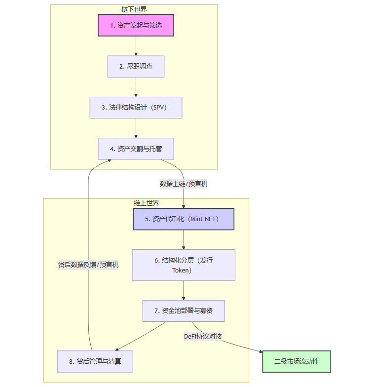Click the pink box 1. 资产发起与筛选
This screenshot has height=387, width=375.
(136, 25)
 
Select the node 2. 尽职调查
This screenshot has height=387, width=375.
(136, 66)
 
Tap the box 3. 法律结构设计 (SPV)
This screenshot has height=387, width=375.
(136, 107)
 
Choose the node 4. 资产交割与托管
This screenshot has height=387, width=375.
(136, 149)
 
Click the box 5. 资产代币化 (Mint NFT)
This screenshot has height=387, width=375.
(183, 219)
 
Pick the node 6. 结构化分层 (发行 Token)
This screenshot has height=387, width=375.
(183, 265)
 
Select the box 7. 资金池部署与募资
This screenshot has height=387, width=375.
(183, 310)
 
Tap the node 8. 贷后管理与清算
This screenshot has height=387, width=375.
(95, 361)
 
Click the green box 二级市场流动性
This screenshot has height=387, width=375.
(296, 361)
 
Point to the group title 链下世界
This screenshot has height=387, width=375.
(134, 9)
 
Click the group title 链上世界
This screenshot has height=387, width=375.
(146, 203)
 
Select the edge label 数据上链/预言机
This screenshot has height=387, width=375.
(184, 184)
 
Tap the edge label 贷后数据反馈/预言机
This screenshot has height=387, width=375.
(88, 265)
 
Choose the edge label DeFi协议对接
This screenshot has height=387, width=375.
(203, 336)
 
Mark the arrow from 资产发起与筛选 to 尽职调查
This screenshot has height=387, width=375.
(136, 46)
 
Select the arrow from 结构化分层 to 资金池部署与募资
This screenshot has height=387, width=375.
(184, 290)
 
